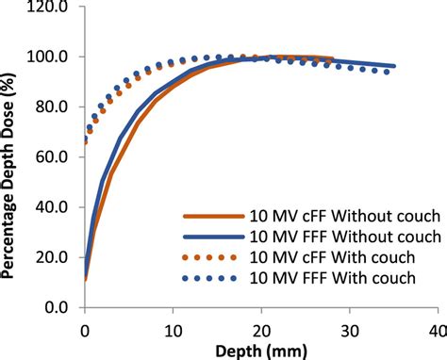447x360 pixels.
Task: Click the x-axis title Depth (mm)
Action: pos(259,350)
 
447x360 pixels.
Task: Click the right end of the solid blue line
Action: pos(393,66)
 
